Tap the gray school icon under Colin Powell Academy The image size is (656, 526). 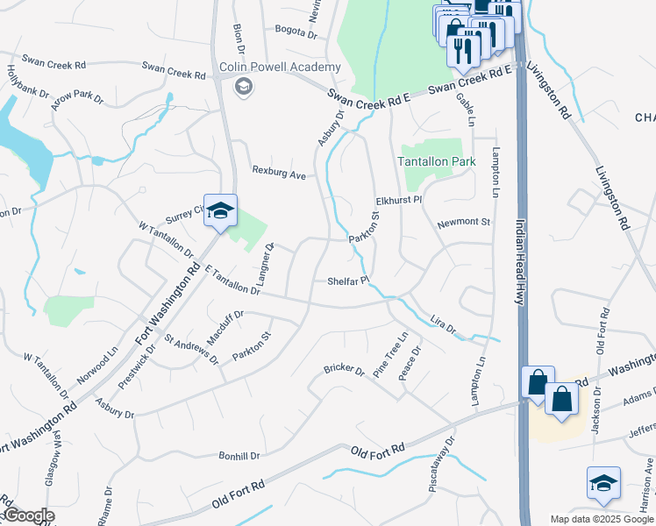(243, 85)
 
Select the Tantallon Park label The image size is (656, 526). (437, 162)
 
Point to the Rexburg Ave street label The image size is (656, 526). (279, 174)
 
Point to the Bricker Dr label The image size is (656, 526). (343, 369)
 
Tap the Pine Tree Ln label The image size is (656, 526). (391, 355)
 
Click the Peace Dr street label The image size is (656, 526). (410, 362)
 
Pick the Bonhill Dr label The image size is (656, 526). (239, 456)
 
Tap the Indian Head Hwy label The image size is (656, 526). (519, 263)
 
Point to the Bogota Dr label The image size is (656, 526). (295, 33)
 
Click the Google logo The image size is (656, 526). (28, 516)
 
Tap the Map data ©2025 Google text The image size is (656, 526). (601, 519)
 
